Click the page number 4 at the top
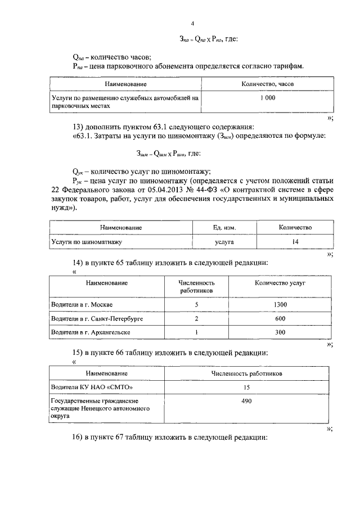(192, 23)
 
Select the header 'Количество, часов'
(267, 84)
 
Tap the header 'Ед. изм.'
(224, 228)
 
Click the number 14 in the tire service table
(295, 242)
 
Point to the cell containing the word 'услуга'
(224, 242)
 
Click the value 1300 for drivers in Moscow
(279, 304)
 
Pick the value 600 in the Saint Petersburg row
(279, 318)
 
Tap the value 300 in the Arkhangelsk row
(279, 332)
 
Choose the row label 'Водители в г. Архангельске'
(91, 332)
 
